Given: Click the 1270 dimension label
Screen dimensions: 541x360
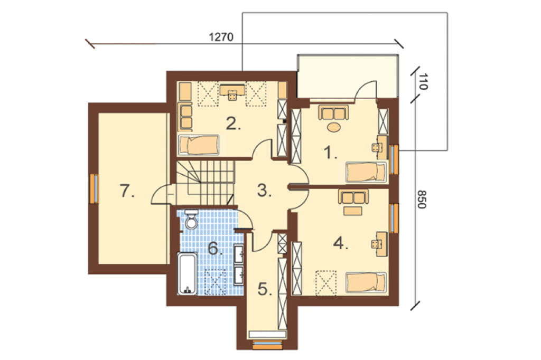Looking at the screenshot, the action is pos(221,37).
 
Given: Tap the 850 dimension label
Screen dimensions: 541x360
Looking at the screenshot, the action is pos(422,199).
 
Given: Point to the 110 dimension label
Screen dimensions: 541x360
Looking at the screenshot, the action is pos(423,82).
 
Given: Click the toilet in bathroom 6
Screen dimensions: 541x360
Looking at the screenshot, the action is pos(190,219).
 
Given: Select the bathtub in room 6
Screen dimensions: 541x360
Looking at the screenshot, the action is pos(187,274).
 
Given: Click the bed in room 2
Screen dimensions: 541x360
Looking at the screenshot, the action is pos(199,145).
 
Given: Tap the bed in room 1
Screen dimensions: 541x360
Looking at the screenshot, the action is pos(366,172).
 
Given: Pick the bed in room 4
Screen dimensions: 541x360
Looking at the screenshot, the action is pos(366,283).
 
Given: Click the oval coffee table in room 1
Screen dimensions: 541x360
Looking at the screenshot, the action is pos(334,127).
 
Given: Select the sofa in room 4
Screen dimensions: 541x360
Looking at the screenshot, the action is pos(353,196).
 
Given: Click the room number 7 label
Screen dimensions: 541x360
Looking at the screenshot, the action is pos(127,191).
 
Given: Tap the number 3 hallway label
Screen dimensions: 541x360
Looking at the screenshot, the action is pos(264,191).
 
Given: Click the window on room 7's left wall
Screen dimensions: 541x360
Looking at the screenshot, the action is pos(94,188).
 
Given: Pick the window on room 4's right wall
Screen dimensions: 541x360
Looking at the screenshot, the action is pos(394,218).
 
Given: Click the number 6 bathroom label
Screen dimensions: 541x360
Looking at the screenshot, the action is pos(214,248).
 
